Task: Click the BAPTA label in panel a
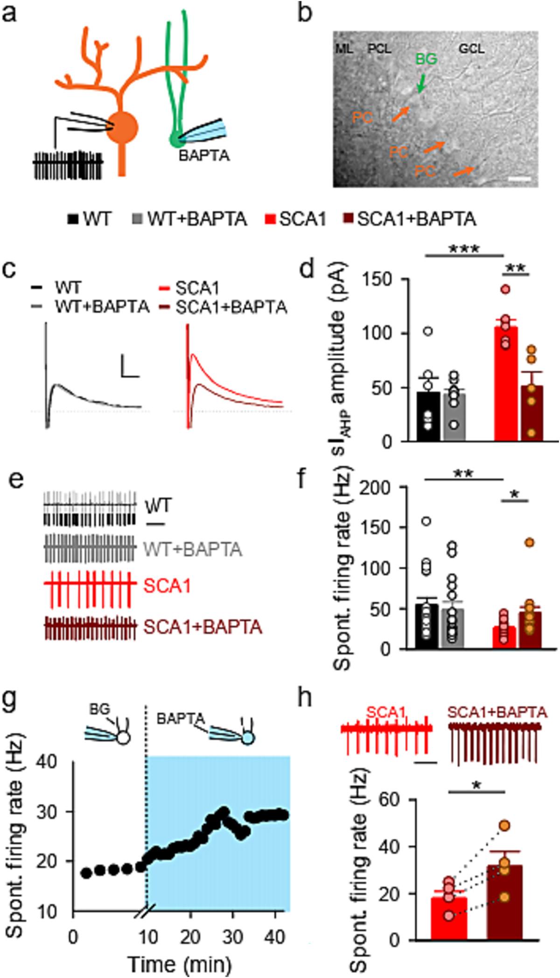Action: pos(204,156)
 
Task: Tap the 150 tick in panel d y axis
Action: pos(383,280)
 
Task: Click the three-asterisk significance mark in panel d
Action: pos(464,249)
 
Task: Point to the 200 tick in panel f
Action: pos(383,487)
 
